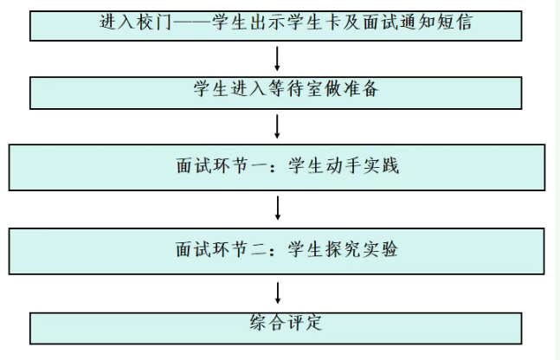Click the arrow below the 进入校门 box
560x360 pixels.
(x=277, y=59)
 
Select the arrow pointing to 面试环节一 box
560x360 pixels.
(x=277, y=126)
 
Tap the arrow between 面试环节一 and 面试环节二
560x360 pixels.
(x=278, y=208)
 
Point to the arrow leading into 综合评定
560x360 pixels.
(x=278, y=293)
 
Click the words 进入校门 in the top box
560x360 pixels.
(x=136, y=22)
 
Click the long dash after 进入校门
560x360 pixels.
(x=192, y=22)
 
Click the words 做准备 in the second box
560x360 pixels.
(x=351, y=88)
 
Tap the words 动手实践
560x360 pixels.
(x=344, y=165)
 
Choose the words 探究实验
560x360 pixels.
(x=343, y=249)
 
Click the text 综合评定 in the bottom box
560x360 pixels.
(x=286, y=323)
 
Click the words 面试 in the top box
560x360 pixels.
(x=380, y=22)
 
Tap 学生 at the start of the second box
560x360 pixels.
(x=211, y=88)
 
